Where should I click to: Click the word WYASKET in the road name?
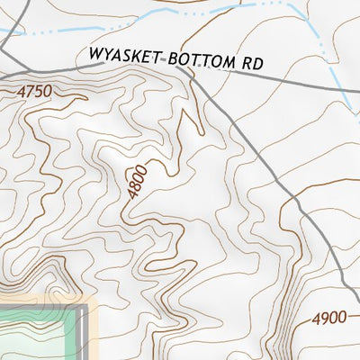click(124, 56)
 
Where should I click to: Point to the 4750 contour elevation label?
click(35, 90)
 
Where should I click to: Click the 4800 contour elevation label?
click(137, 181)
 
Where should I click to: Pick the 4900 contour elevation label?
click(329, 319)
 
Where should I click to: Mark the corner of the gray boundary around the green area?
click(89, 309)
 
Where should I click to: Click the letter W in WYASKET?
click(94, 54)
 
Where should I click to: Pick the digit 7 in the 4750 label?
click(31, 90)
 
